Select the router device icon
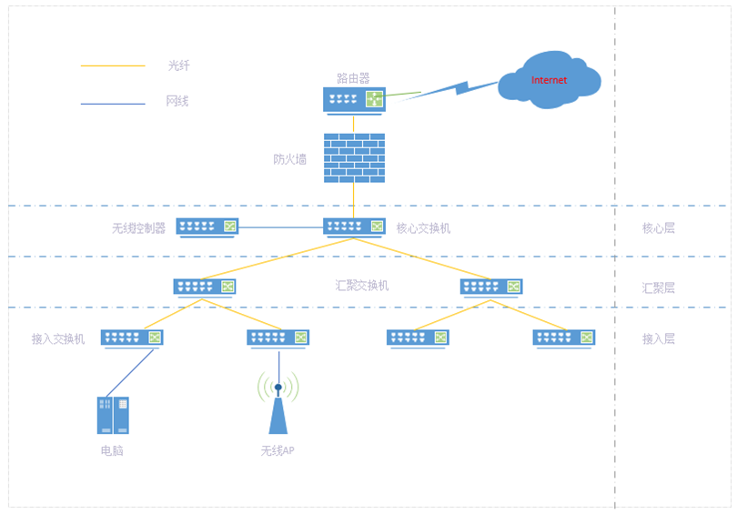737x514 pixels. click(x=354, y=99)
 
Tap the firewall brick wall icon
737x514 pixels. click(x=354, y=158)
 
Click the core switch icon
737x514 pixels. click(x=354, y=227)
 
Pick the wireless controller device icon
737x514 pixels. click(x=207, y=227)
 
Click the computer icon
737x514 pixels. click(x=113, y=415)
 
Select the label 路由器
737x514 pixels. click(x=353, y=78)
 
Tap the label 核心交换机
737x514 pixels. click(x=423, y=227)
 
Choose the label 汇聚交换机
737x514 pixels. click(x=362, y=285)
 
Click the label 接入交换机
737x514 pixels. click(x=58, y=338)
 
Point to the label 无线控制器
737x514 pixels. click(x=138, y=227)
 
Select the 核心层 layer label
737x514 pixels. click(x=659, y=227)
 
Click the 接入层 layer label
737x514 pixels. click(x=659, y=338)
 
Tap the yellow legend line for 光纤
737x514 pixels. click(x=113, y=66)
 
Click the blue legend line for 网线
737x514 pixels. click(x=113, y=103)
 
